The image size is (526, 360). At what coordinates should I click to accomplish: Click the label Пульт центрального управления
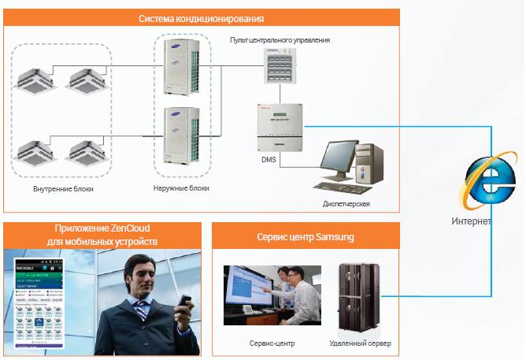pyautogui.click(x=280, y=40)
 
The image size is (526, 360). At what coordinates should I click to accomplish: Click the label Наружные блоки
pyautogui.click(x=181, y=189)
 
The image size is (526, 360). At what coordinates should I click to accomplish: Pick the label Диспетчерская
pyautogui.click(x=346, y=204)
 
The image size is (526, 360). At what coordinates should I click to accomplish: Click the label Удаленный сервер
pyautogui.click(x=360, y=344)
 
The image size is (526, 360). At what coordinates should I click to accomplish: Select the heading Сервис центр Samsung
pyautogui.click(x=306, y=236)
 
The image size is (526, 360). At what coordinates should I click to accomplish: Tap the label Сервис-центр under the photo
pyautogui.click(x=272, y=344)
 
